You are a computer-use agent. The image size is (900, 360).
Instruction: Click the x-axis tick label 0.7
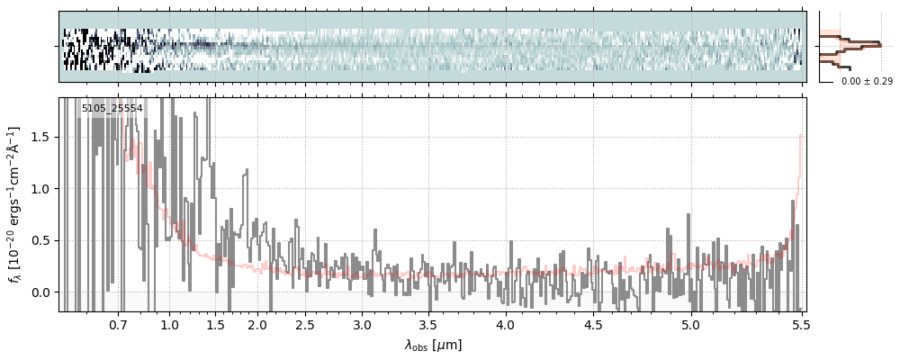(x=118, y=325)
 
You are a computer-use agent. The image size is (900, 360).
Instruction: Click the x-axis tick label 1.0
(x=169, y=325)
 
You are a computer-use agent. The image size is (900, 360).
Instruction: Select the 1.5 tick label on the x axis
(x=216, y=325)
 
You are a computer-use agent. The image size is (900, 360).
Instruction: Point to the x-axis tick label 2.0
(x=257, y=325)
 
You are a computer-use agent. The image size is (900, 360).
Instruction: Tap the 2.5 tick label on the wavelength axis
(x=305, y=325)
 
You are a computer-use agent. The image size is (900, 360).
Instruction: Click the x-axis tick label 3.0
(x=362, y=325)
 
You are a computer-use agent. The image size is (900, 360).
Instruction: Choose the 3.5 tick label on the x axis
(x=428, y=325)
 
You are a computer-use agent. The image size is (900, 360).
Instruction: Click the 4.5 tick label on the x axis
(x=593, y=325)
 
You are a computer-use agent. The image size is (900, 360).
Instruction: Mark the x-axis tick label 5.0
(x=690, y=325)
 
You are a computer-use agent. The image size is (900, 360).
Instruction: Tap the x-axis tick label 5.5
(x=800, y=325)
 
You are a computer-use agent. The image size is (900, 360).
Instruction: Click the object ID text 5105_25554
(x=112, y=109)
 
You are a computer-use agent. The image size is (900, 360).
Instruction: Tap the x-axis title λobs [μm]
(x=433, y=345)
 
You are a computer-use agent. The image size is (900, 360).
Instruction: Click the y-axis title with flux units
(x=15, y=204)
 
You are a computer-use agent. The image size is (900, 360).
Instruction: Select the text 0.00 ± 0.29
(x=860, y=82)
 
